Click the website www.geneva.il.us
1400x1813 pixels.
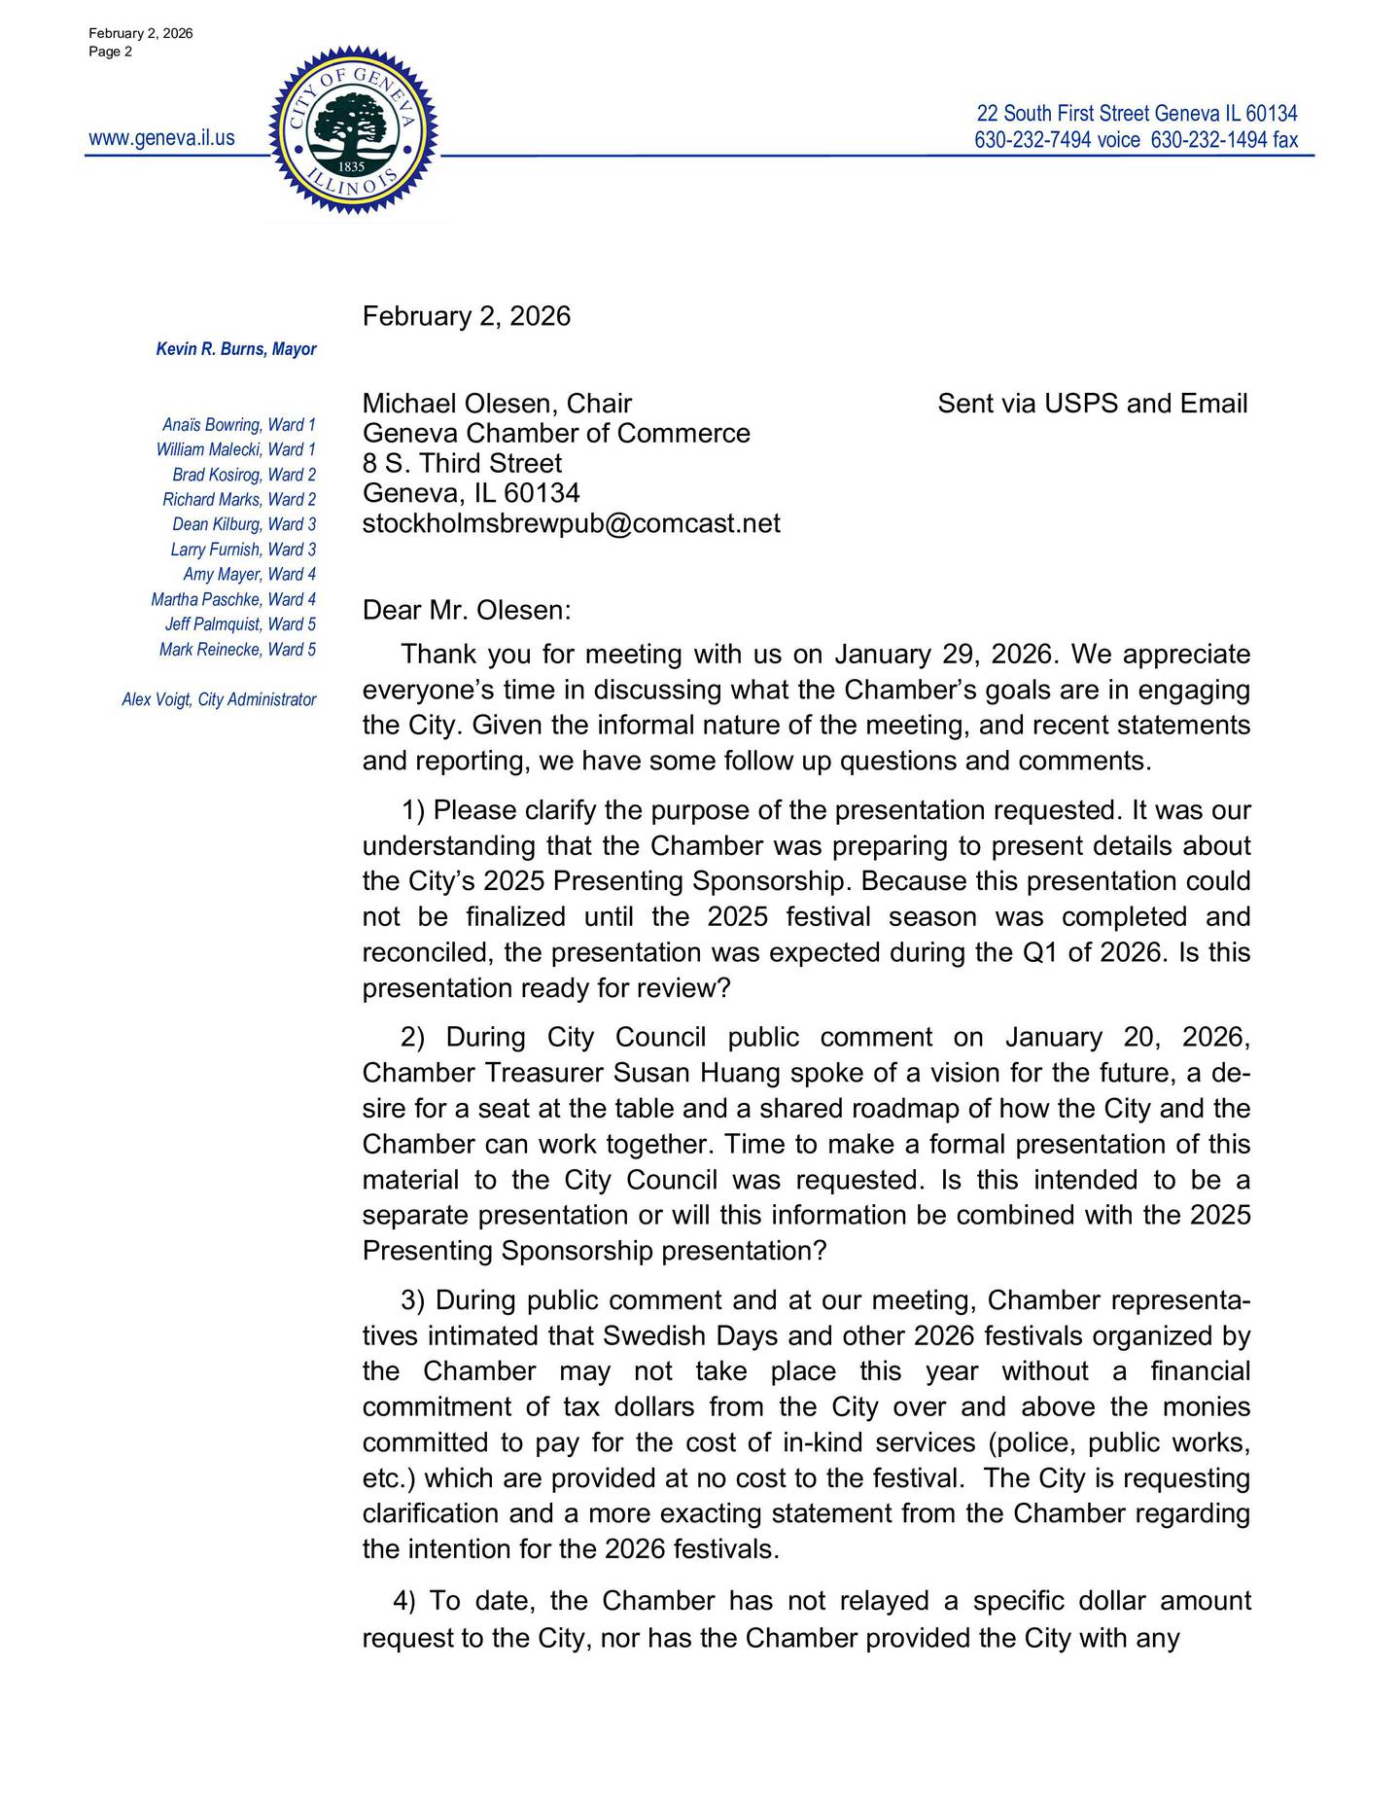point(161,138)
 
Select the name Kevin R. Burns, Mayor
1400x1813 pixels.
point(236,349)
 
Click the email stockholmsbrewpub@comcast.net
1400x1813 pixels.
point(571,523)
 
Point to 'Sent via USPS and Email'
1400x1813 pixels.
point(1092,404)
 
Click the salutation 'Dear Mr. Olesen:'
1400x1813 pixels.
point(467,611)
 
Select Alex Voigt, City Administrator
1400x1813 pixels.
point(219,699)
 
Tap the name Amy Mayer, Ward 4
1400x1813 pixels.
point(249,575)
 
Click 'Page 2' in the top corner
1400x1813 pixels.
point(110,52)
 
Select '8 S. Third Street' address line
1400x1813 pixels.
point(462,463)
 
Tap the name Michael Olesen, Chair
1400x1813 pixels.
point(497,404)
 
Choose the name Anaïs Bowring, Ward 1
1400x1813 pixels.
point(239,425)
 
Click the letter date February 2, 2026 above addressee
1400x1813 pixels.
point(467,316)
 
